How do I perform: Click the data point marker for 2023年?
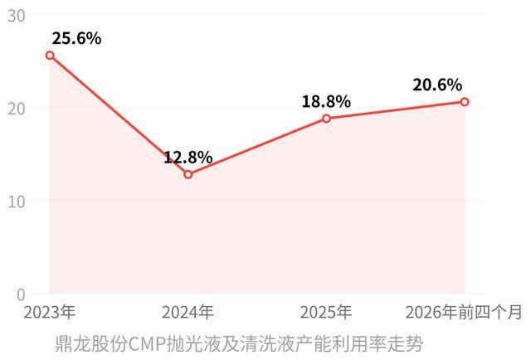pos(50,56)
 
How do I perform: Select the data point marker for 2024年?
pos(188,174)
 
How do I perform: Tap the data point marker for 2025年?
pos(326,119)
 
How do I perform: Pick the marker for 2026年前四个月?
pos(465,102)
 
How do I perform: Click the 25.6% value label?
pos(76,38)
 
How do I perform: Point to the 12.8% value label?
pos(188,158)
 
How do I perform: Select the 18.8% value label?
pos(326,101)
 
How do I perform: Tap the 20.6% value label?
pos(437,85)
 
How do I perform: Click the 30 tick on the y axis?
pos(17,16)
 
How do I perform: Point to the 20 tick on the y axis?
pos(17,109)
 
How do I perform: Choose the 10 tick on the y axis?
pos(17,202)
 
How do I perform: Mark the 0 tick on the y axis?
pos(21,295)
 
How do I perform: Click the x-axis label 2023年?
pos(50,312)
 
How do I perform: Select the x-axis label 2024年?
pos(188,312)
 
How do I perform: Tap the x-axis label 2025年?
pos(326,312)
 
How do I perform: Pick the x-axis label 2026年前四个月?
pos(464,312)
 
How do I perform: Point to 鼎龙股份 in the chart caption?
pos(91,344)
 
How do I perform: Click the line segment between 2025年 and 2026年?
pos(396,110)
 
